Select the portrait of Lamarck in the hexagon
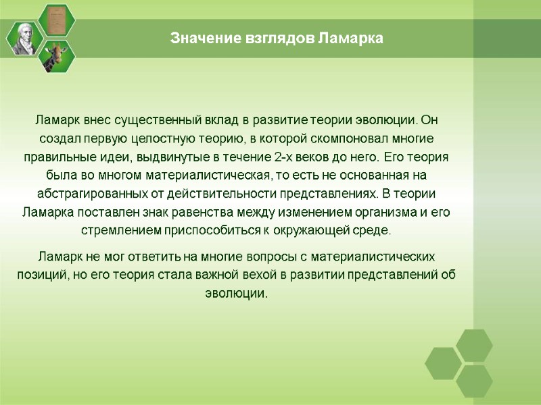pos(24,38)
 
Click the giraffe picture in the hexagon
pos(56,55)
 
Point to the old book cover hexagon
pos(56,21)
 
